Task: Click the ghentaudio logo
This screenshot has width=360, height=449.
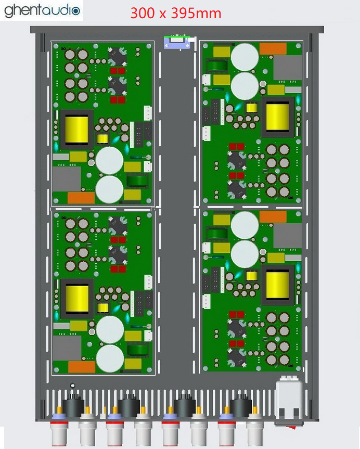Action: coord(43,10)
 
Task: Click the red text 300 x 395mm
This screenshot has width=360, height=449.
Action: coord(176,13)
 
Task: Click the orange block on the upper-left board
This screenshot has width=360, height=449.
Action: coord(81,198)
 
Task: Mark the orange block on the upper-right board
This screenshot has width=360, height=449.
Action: coord(273,48)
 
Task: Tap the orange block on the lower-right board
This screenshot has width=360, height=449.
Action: coord(273,216)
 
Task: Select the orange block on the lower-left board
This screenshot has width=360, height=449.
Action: coord(81,366)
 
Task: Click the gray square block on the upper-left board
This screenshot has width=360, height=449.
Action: coord(67,178)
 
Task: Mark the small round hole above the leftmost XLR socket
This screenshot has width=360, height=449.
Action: coord(73,386)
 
